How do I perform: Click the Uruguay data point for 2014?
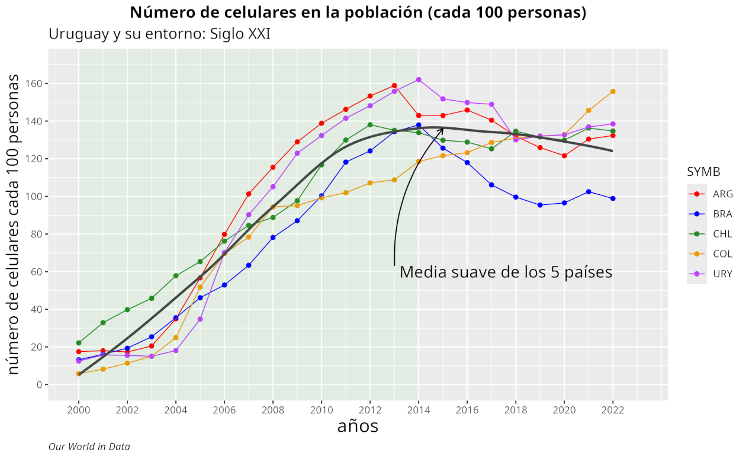[419, 79]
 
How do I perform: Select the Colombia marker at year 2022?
[613, 91]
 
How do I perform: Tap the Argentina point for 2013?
[394, 86]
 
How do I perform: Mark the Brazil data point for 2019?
[540, 205]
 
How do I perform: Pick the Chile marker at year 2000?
[79, 343]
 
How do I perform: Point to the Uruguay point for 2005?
[200, 319]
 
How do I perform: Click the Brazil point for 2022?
[613, 198]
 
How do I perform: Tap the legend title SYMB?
[703, 172]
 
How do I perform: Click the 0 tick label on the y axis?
[39, 384]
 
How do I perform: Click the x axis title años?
[358, 426]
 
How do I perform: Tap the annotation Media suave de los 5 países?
[506, 272]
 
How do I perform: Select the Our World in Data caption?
[89, 447]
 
